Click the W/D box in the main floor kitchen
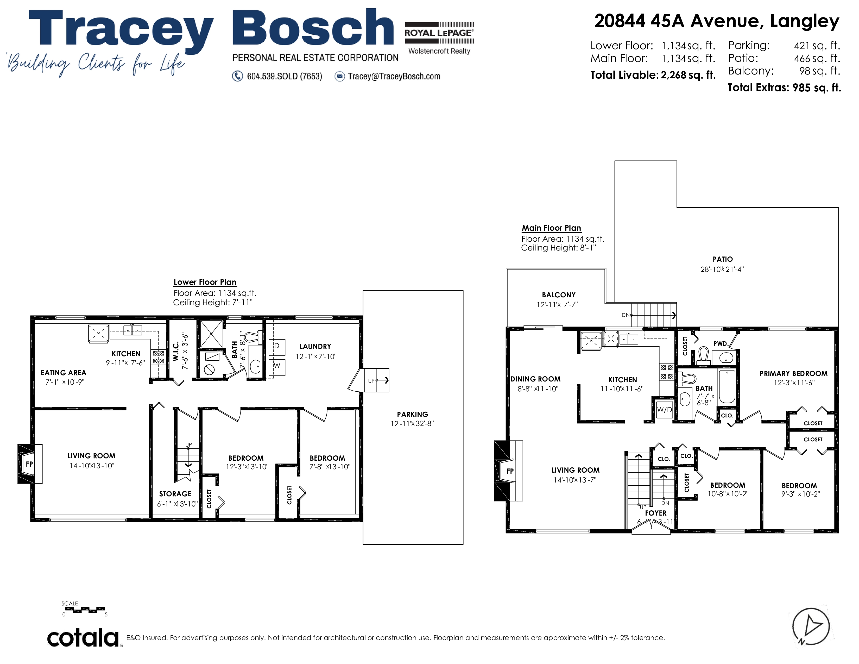664,410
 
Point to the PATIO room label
723,259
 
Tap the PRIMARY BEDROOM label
793,373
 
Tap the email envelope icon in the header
339,76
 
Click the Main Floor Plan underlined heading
551,228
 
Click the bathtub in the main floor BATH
727,387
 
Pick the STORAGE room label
175,494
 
